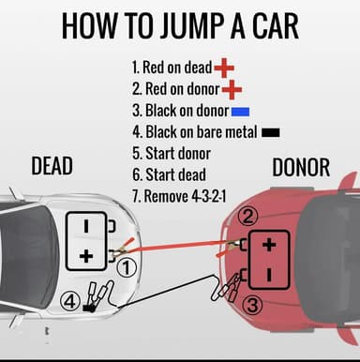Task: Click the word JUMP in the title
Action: point(192,25)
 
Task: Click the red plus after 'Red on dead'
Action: point(224,68)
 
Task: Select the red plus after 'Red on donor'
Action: point(231,90)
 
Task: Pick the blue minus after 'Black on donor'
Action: point(238,112)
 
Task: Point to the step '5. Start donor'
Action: point(172,154)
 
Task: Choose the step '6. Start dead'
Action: point(169,175)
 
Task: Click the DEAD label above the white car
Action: point(52,167)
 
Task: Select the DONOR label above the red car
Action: point(300,167)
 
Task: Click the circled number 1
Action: point(130,267)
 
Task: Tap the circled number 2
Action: point(247,217)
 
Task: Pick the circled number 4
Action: point(69,302)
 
